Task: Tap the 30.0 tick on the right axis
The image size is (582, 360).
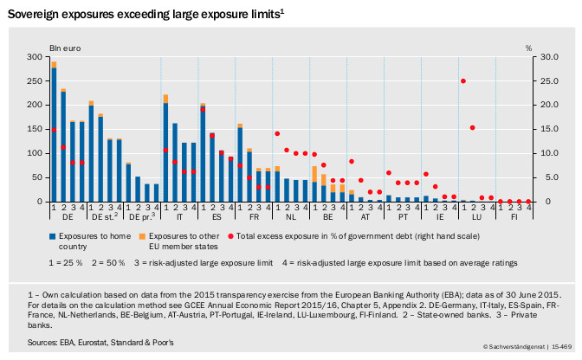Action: coord(541,56)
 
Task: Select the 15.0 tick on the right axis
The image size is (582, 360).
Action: coord(541,129)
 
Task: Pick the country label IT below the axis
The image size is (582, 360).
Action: coord(180,218)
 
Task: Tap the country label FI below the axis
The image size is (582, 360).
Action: coord(515,218)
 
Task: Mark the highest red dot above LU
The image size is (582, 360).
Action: coord(463,80)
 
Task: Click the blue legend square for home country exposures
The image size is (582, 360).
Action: coord(53,235)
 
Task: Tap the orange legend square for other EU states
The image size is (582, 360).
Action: coord(143,235)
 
